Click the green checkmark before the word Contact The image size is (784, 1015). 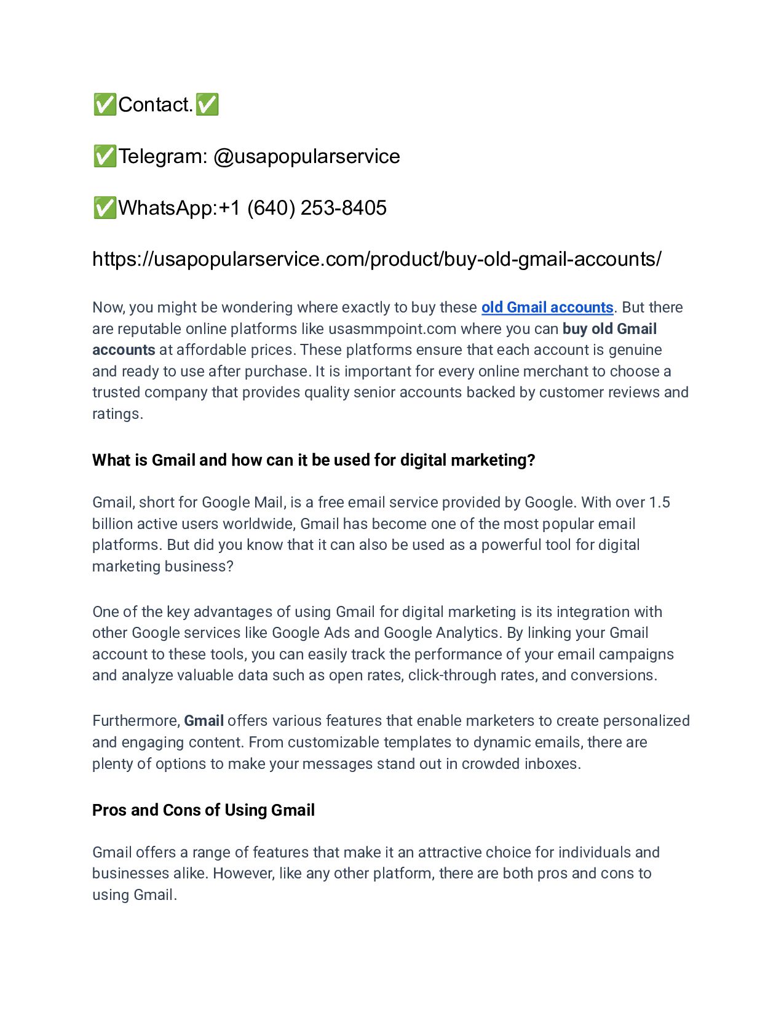click(x=105, y=105)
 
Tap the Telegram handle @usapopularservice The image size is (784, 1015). click(x=306, y=156)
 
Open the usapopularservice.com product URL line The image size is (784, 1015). click(x=376, y=259)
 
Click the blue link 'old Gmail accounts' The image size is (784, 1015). click(x=547, y=308)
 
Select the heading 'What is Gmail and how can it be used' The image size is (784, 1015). click(x=313, y=460)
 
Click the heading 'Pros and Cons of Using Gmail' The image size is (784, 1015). click(x=203, y=810)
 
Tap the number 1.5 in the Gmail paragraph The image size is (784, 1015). click(x=659, y=503)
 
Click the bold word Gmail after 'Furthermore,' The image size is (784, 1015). click(x=204, y=721)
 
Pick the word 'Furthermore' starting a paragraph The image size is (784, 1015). click(x=135, y=721)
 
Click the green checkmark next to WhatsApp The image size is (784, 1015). click(x=105, y=208)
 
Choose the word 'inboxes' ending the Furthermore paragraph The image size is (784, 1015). click(x=550, y=764)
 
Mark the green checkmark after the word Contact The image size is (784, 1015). click(x=207, y=105)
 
